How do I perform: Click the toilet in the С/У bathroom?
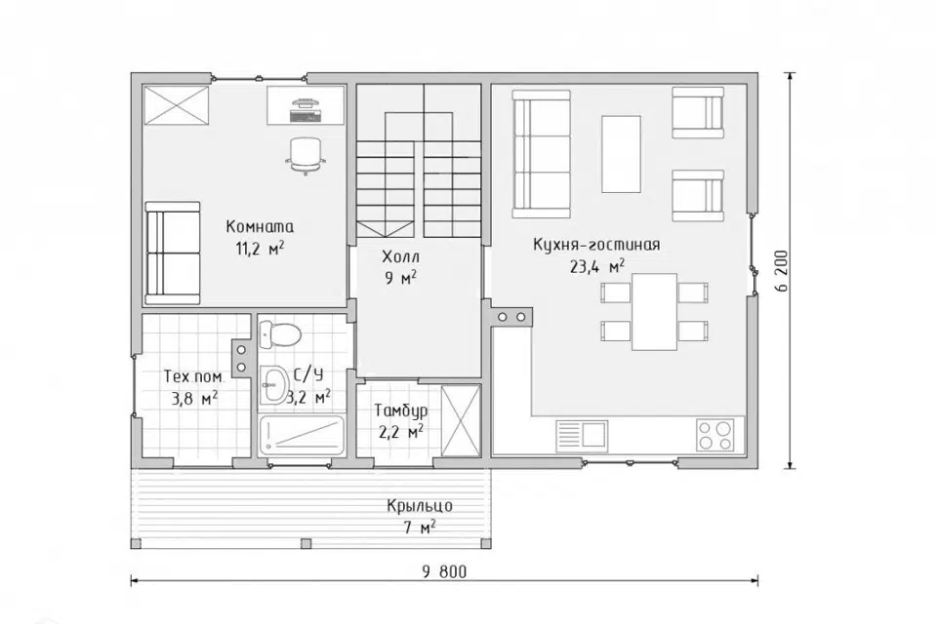coord(280,334)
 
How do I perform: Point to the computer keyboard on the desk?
coord(306,115)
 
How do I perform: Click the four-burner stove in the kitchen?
coord(715,435)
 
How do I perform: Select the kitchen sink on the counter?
coord(582,434)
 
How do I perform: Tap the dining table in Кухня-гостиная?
coord(654,312)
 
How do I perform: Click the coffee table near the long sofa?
coord(621,154)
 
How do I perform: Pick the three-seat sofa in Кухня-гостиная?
coord(542,154)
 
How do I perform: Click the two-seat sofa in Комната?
coord(173,253)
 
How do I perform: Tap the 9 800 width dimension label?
coord(444,572)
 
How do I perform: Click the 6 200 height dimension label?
coord(784,270)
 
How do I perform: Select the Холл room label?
coord(400,257)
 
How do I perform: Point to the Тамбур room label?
coord(401,410)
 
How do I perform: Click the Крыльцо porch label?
coord(420,506)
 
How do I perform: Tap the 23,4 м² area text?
coord(597,266)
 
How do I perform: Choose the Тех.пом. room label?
coord(194,377)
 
